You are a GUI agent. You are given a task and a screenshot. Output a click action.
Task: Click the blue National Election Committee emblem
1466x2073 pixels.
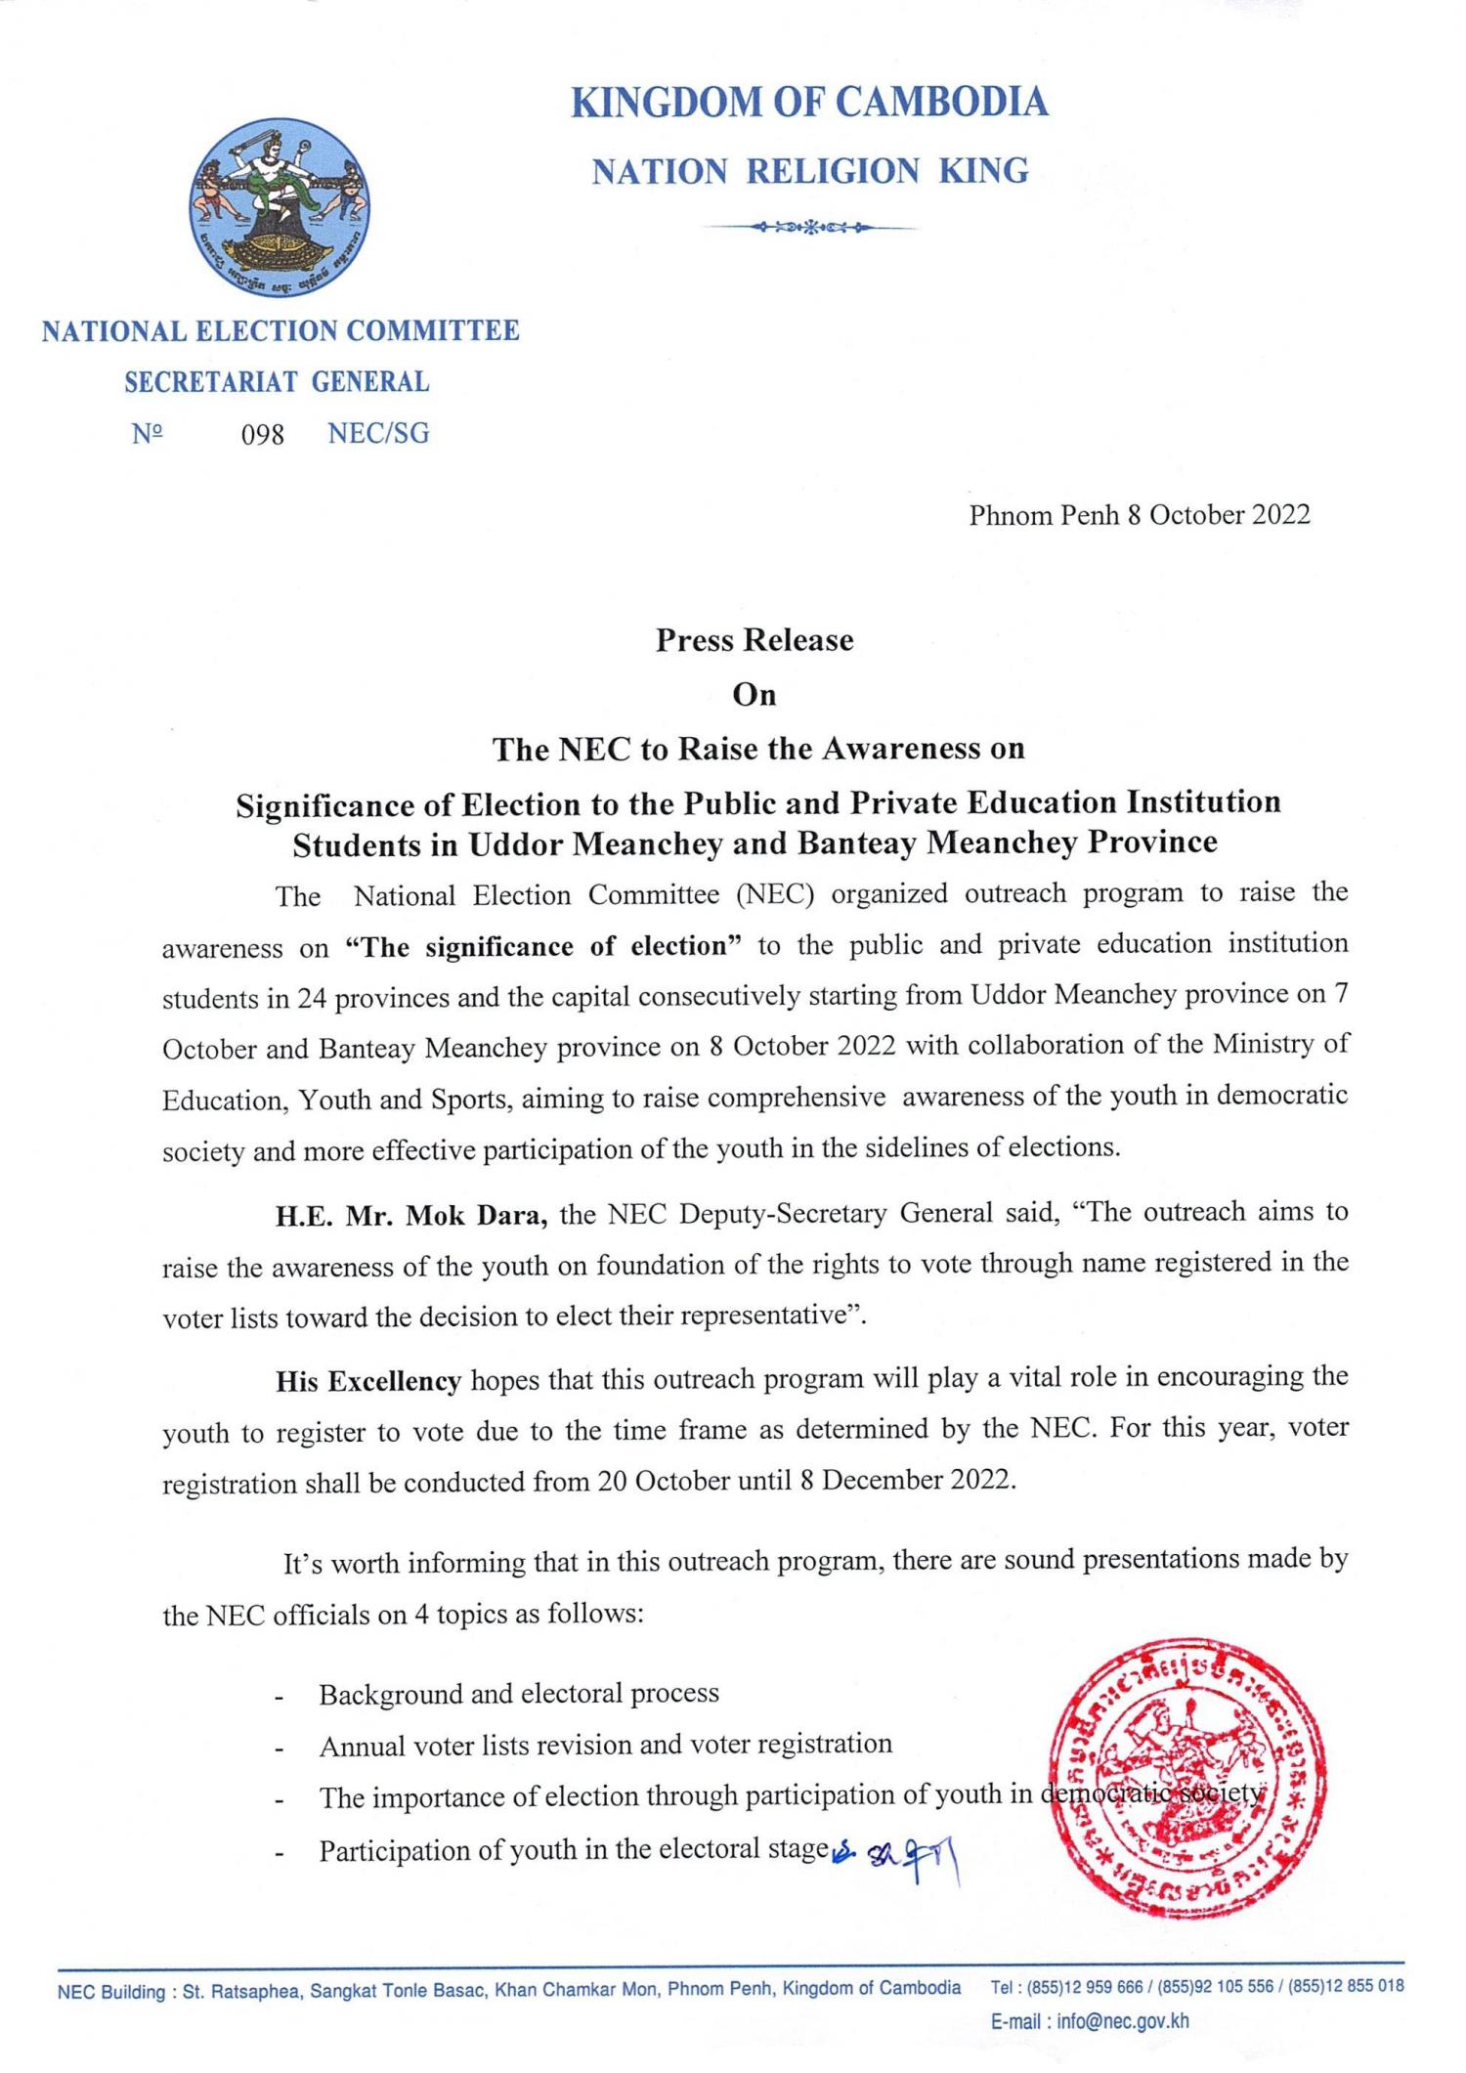(280, 208)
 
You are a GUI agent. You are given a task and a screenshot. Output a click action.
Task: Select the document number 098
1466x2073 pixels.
(262, 435)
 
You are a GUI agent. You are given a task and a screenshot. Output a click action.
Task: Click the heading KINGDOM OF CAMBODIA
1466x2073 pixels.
(809, 103)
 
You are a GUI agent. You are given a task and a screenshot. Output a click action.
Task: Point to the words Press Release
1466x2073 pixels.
(755, 640)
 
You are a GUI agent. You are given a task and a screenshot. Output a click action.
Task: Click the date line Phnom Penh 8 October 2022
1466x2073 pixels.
(1139, 515)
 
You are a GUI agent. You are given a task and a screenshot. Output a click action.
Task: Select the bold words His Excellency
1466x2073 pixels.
(368, 1380)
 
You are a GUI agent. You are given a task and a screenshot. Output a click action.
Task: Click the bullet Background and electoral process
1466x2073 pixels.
(519, 1694)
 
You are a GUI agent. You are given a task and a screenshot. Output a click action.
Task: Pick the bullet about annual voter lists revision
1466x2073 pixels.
(605, 1745)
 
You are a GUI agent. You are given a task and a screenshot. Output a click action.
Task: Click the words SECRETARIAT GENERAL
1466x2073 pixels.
(277, 382)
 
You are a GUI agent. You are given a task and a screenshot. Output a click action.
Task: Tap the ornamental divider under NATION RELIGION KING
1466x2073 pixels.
(809, 229)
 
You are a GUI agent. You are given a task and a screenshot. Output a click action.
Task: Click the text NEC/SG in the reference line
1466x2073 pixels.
(378, 434)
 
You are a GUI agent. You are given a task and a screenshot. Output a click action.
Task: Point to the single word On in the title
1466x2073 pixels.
(755, 695)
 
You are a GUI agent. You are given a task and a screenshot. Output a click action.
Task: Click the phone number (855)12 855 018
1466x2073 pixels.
(1346, 1986)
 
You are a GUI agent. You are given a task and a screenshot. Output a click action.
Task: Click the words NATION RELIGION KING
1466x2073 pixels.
(810, 172)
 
